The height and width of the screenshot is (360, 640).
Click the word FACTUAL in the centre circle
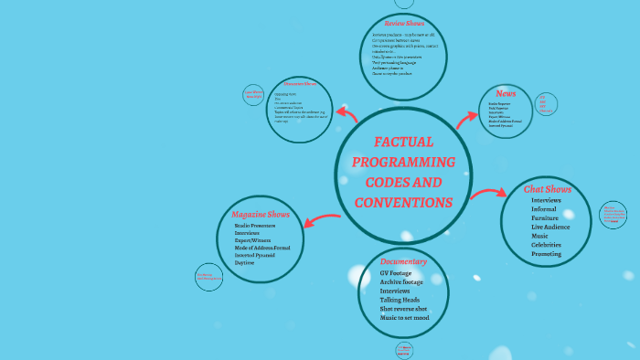point(403,143)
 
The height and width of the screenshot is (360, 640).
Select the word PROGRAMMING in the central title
point(403,163)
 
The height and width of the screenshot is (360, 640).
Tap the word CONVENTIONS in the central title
point(403,202)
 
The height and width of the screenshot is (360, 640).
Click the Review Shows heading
point(404,24)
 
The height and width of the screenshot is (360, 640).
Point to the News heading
point(506,93)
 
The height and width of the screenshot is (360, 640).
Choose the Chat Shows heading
point(548,189)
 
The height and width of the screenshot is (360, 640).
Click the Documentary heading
point(404,262)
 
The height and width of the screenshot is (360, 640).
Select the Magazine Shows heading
point(261,215)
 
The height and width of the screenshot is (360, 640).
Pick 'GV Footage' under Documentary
point(396,273)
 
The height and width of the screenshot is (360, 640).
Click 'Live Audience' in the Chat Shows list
point(550,227)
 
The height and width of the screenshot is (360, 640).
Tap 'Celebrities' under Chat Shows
point(547,245)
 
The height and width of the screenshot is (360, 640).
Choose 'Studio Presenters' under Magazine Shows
point(255,225)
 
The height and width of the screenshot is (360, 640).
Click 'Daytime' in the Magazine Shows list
point(244,262)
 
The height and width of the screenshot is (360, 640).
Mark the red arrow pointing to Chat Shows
point(487,193)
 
